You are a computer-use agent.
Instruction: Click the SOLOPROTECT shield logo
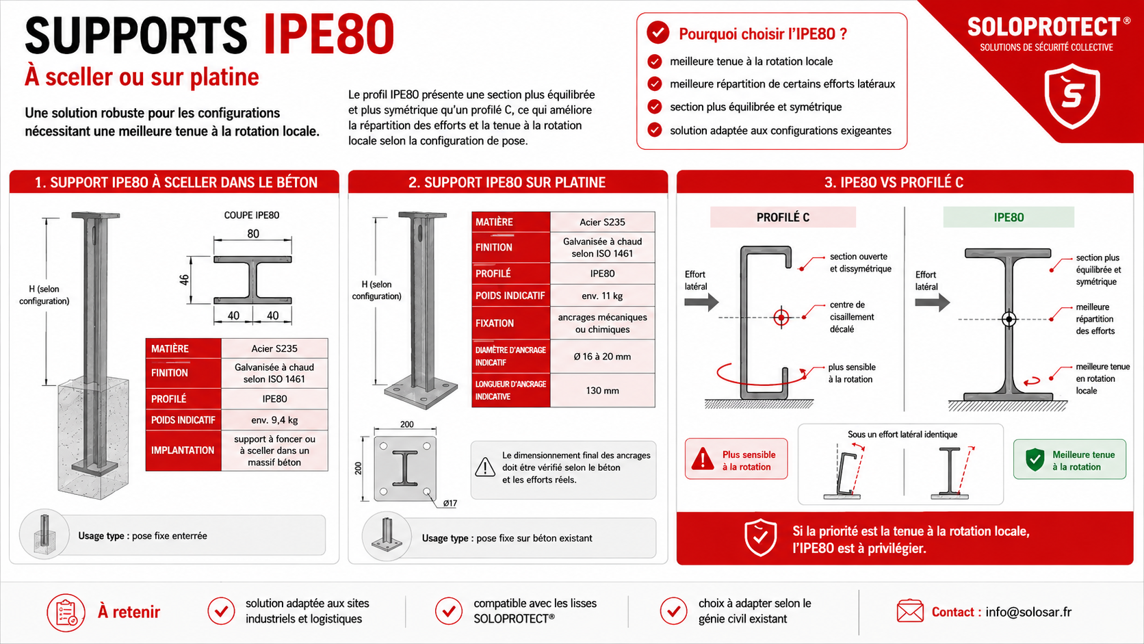1072,95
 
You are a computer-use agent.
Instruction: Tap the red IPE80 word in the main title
329,35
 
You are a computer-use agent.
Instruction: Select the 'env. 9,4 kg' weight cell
274,420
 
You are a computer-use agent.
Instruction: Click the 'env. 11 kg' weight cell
602,296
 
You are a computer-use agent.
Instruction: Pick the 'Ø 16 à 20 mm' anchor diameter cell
602,357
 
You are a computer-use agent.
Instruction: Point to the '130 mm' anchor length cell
602,391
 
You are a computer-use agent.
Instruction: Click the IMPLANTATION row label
183,450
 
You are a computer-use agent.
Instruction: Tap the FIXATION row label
495,323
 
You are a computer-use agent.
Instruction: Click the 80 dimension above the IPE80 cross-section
253,234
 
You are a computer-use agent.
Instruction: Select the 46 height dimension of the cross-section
184,280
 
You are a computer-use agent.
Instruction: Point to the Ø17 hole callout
450,503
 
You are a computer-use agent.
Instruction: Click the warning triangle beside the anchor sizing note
484,467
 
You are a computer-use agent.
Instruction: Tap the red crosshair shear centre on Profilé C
781,318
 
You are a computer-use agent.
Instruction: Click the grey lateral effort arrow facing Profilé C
701,302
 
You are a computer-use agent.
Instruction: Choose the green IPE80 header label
1009,218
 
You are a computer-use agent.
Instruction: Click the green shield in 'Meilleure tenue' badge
1035,460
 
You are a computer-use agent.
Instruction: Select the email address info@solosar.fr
1028,612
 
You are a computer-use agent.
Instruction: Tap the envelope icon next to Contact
910,611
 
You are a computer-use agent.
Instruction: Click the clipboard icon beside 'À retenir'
66,613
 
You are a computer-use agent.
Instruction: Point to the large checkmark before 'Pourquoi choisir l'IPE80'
658,33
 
